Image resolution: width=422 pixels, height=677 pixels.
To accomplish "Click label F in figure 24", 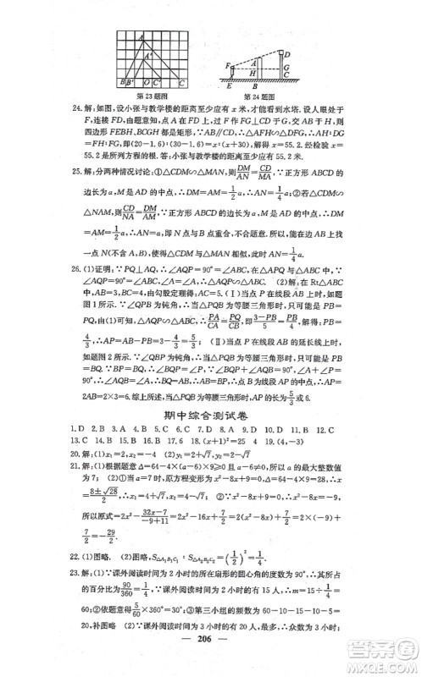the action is click(x=225, y=65).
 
